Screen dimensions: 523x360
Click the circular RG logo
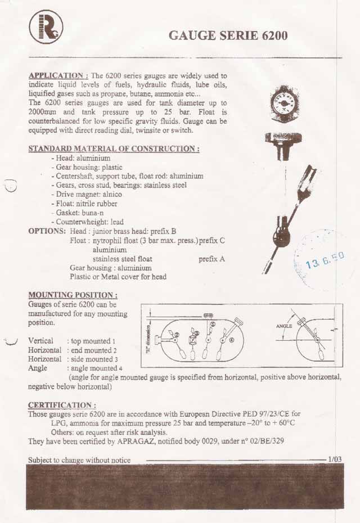coord(46,27)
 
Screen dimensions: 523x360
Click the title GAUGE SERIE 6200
coord(228,35)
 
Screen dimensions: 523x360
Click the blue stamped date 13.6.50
coord(325,260)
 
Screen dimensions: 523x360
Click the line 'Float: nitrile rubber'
coord(85,204)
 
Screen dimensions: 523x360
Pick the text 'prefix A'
coord(212,259)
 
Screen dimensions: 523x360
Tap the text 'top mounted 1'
coord(93,341)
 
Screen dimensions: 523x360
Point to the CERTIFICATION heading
coord(62,405)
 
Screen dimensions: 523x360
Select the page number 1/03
coord(335,459)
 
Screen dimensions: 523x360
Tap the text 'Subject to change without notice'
coord(79,460)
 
